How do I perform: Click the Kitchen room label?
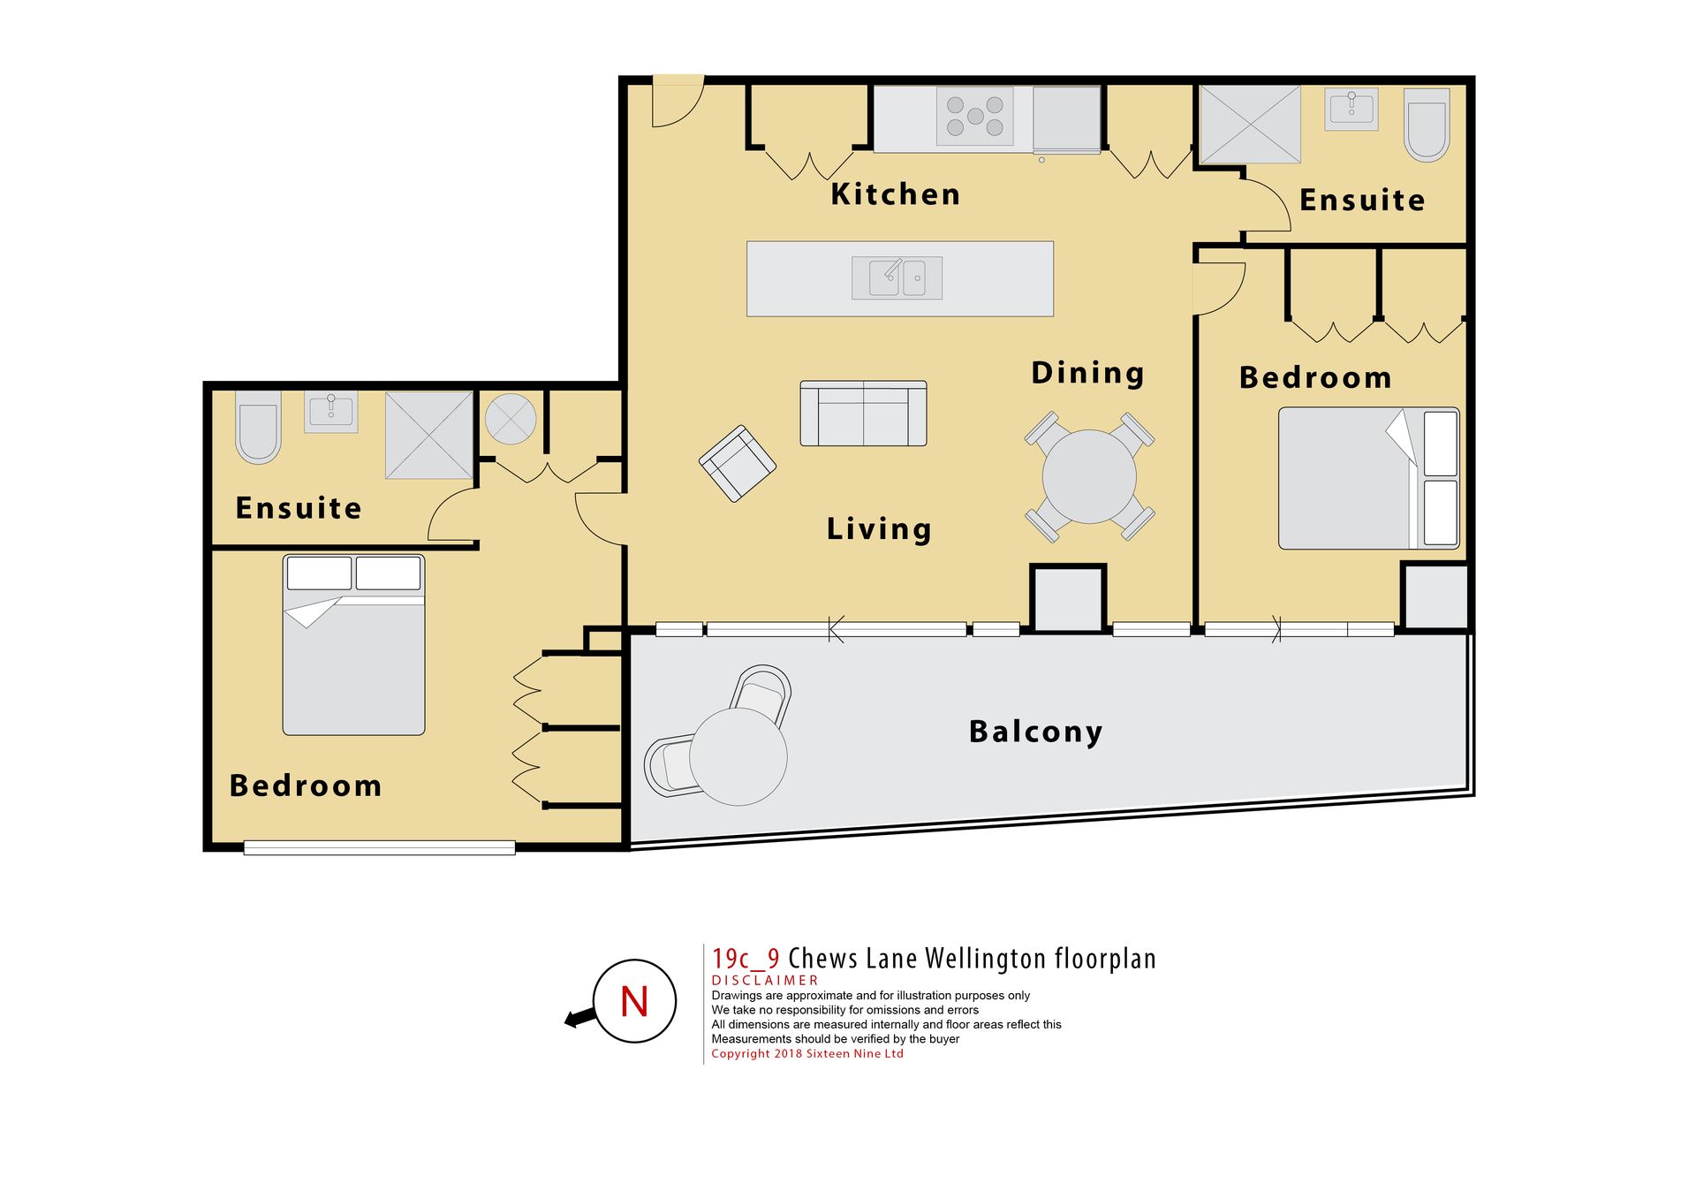[895, 194]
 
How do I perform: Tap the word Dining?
[1087, 373]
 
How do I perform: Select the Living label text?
[879, 528]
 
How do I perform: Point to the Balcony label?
[1035, 732]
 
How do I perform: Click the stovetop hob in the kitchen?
[974, 116]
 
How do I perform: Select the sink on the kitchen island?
[897, 278]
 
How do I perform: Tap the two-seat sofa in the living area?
[863, 414]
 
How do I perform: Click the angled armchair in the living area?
[738, 463]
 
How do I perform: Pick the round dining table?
[1089, 476]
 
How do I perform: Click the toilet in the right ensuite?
[1427, 125]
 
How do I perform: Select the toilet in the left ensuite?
[258, 428]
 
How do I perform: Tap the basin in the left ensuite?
[331, 411]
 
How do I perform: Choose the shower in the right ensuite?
[1250, 125]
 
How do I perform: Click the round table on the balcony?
[738, 756]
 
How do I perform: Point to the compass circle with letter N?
[634, 1001]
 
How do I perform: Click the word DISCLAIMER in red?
[765, 981]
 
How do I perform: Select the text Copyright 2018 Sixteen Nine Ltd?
[807, 1053]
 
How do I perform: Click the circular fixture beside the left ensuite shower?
[511, 419]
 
